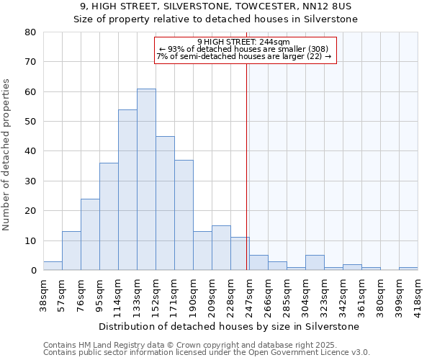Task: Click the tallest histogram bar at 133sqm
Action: click(146, 179)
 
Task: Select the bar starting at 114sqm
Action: click(127, 190)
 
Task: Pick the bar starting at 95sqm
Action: click(109, 217)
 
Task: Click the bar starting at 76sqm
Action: click(90, 235)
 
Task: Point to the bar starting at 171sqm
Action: click(184, 215)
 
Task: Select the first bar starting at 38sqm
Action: click(53, 266)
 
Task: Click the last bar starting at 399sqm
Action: click(408, 269)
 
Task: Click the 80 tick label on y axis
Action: click(30, 32)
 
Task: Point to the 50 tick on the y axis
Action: click(30, 122)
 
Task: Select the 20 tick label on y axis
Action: click(30, 211)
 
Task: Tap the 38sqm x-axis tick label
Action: click(44, 294)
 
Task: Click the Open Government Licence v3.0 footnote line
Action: click(207, 352)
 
